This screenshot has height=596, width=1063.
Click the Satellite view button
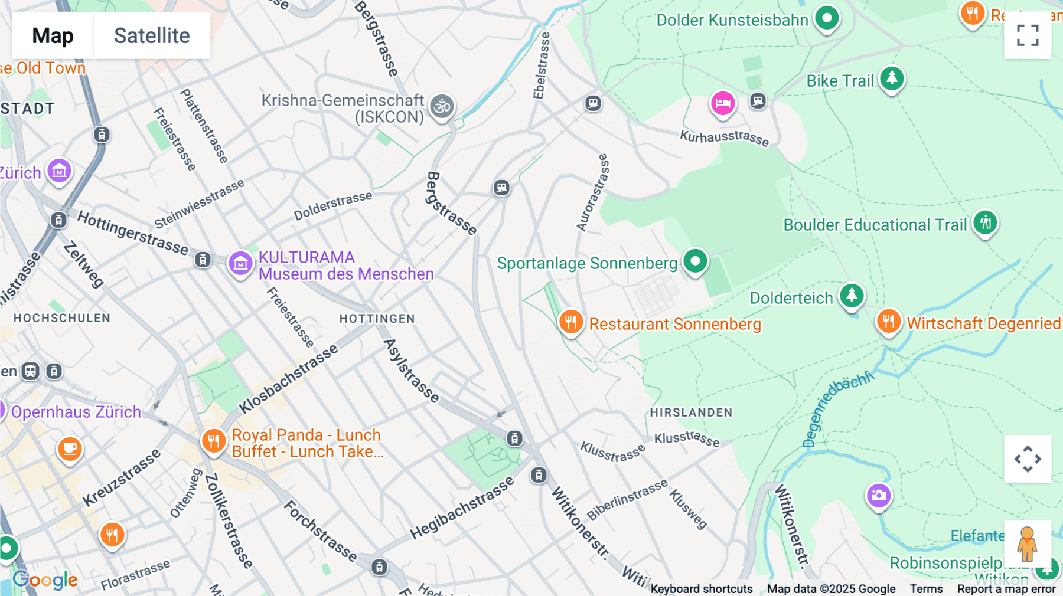click(152, 35)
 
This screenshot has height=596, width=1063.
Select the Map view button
click(53, 35)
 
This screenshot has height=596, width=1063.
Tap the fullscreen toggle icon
click(1028, 35)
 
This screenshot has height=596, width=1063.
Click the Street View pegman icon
click(1028, 543)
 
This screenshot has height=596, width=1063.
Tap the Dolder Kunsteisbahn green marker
click(827, 18)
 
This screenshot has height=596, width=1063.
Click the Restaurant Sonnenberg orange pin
click(570, 322)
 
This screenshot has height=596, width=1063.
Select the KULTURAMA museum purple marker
click(240, 264)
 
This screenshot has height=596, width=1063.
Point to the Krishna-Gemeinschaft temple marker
click(442, 107)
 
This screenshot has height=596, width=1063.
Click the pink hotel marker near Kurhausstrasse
click(722, 104)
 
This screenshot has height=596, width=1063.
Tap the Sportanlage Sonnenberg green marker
click(695, 261)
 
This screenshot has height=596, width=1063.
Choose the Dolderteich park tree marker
click(851, 294)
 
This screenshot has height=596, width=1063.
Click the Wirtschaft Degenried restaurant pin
click(888, 322)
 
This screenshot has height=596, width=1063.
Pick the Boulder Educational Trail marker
click(985, 223)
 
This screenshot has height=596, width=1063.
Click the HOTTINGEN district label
click(377, 319)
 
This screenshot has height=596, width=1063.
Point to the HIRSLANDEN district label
click(691, 412)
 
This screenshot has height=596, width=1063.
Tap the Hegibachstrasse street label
click(462, 508)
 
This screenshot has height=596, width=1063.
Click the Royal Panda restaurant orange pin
click(213, 440)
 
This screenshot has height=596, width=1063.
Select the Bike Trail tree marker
click(892, 78)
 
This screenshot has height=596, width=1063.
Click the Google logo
click(45, 580)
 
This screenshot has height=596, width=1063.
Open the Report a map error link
click(1006, 589)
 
